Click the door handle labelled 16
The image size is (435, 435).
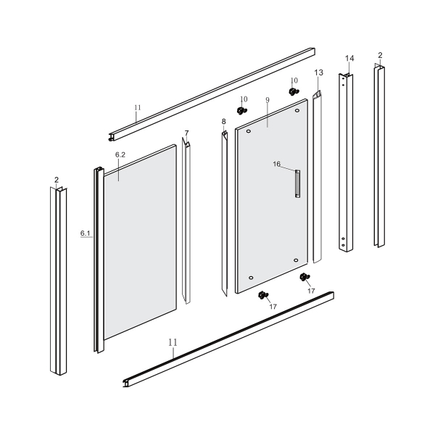(x=297, y=183)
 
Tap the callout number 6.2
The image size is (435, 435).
(x=120, y=155)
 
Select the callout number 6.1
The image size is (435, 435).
(x=85, y=233)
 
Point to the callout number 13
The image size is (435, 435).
(x=319, y=72)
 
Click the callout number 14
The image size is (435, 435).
(x=349, y=58)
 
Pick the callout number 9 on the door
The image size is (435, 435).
(x=268, y=100)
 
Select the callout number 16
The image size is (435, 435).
(x=277, y=164)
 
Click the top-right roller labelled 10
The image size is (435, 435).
(x=294, y=91)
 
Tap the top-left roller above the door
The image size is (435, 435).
(x=242, y=110)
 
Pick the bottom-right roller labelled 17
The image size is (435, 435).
(x=305, y=277)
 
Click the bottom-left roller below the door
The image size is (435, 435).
(x=263, y=295)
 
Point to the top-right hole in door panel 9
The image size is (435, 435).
(x=297, y=110)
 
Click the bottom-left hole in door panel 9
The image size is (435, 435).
(x=251, y=278)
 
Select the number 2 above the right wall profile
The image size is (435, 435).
(x=380, y=55)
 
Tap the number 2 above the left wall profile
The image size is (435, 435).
(x=57, y=180)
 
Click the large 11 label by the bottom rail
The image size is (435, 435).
(x=173, y=342)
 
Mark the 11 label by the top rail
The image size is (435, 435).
(x=138, y=107)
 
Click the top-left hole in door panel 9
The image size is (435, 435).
(x=248, y=131)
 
